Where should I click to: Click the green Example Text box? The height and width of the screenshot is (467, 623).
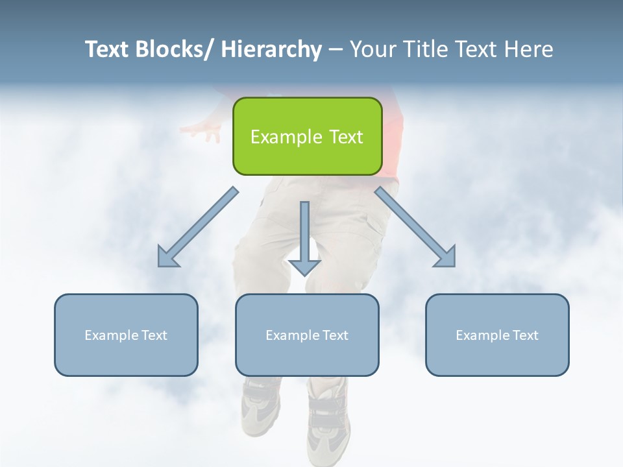coord(307,136)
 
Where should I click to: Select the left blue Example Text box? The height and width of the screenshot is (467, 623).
coord(126,335)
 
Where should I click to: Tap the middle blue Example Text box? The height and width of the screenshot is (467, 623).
coord(307,335)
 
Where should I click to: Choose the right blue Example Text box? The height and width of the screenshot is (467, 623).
coord(497,335)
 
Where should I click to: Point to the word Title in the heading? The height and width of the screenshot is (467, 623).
coord(423,49)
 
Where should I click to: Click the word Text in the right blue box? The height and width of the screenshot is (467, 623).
coord(524,335)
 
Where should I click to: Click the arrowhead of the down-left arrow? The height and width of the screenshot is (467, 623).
coord(167,257)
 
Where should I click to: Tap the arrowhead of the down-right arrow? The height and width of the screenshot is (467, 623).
coord(446,257)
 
